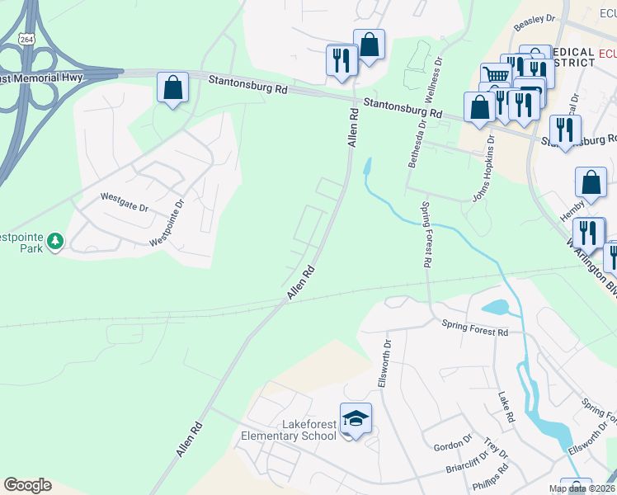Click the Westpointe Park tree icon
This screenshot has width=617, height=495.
coord(55,242)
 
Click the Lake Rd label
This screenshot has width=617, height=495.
coord(506,408)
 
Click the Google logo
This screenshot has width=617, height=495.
coord(27,485)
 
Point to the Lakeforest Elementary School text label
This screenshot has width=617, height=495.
coord(287,430)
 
